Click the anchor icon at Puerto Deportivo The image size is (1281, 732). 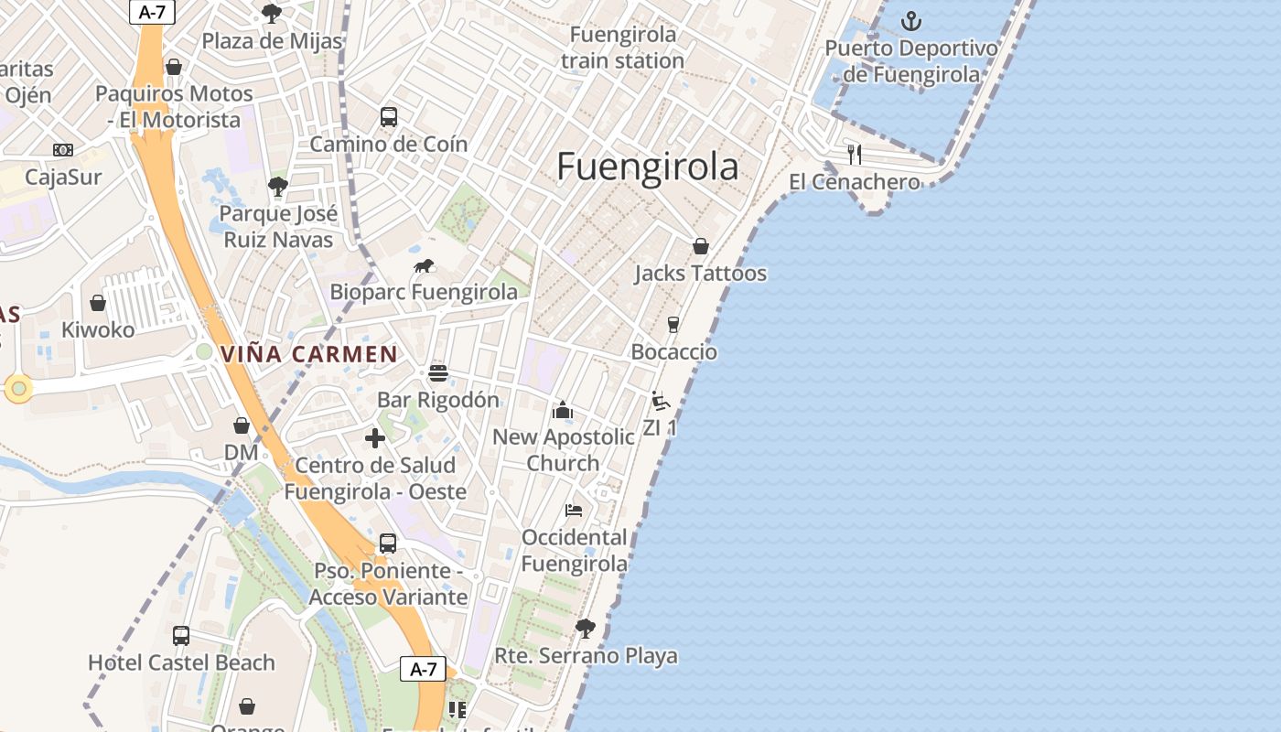coord(910,20)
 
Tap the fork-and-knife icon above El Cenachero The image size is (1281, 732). coord(855,154)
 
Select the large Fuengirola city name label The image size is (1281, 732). coord(648,167)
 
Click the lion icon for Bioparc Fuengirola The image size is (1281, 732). coord(424,266)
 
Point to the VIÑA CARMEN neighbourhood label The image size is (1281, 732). coord(309,354)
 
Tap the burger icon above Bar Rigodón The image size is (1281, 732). coord(438,373)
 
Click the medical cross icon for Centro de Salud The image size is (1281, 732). coord(375,438)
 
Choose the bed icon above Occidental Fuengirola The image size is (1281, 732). coord(574,510)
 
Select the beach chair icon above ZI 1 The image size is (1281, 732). coord(660,401)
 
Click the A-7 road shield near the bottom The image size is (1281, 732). coord(423,669)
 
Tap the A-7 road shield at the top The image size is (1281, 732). coord(152,11)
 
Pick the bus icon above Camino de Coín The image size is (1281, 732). coord(389,117)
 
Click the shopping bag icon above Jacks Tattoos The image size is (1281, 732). coord(700,246)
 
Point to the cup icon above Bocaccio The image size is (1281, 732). coord(673,325)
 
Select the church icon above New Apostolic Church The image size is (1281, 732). coord(563,410)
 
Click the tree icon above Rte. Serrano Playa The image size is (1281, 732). coord(586,629)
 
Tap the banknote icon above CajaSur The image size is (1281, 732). coord(63,150)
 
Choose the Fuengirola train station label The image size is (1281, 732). coord(623,48)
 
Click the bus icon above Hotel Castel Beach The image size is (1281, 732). coord(181,635)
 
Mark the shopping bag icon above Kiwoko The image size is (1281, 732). coord(98,303)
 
